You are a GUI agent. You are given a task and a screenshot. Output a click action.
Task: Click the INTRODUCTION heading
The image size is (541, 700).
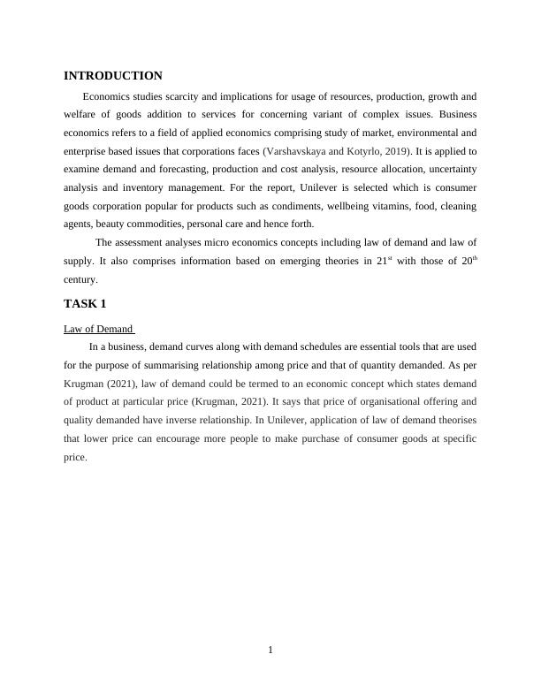113,76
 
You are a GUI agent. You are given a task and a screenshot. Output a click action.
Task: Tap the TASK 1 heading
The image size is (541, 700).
85,304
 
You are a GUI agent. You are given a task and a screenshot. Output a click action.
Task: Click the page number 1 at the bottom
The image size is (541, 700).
270,651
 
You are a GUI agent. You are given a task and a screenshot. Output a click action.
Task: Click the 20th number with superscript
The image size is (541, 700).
469,262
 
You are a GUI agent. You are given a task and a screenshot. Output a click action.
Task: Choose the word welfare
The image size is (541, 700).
81,114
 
